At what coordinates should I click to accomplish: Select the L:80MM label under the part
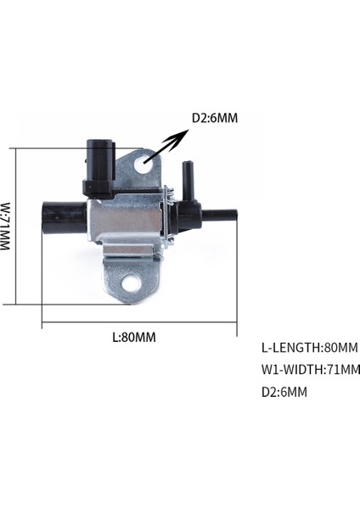134,336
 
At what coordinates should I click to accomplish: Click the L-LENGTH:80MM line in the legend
310,348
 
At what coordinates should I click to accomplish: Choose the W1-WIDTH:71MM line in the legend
310,369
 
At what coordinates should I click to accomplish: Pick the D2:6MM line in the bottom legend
284,391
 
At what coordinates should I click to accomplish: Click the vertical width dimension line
18,225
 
